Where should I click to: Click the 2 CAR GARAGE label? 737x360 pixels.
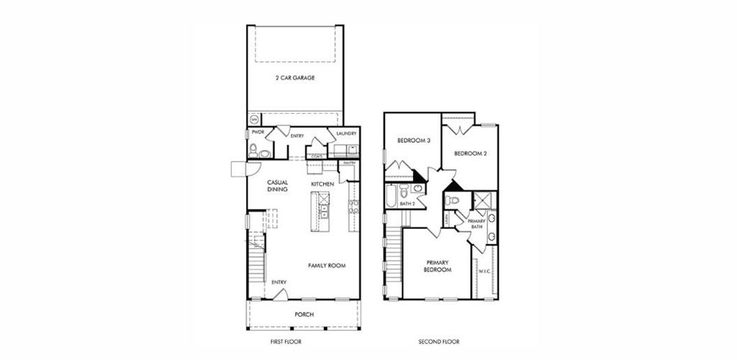coord(294,77)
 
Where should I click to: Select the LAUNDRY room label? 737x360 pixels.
coord(346,133)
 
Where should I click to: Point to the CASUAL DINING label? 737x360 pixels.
coord(277,186)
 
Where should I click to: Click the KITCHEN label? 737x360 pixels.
coord(322,185)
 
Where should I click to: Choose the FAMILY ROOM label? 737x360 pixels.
coord(327,266)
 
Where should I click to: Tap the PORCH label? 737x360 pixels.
coord(304,315)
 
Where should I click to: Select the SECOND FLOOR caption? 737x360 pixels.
coord(439,341)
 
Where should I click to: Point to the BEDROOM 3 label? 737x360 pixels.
coord(414,140)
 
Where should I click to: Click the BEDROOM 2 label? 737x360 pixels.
coord(471,153)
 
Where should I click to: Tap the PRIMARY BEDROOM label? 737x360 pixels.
coord(438,266)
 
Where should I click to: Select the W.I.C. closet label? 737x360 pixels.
coord(484,271)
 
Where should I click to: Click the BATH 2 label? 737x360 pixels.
coord(407,204)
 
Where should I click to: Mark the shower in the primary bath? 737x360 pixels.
coord(482,200)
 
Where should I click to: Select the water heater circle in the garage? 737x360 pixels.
coord(254,119)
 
